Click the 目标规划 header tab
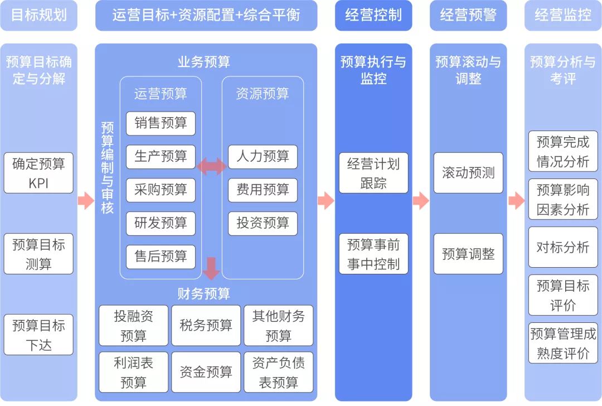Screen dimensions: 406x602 (x=38, y=15)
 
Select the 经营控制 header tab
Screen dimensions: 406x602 (x=373, y=15)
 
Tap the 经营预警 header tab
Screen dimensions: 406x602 (x=468, y=15)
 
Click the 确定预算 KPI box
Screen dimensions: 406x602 (x=38, y=173)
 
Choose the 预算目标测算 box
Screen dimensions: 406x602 (x=38, y=254)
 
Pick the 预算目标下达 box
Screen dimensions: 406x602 (x=38, y=335)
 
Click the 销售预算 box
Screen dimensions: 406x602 (x=161, y=123)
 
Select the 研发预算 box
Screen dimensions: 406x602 (x=161, y=224)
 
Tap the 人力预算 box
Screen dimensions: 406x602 (x=263, y=157)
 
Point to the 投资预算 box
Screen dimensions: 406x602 (x=263, y=224)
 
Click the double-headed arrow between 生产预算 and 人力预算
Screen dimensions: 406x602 (x=211, y=165)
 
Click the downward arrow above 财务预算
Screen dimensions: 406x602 (x=211, y=268)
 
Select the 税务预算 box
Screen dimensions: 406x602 (x=206, y=325)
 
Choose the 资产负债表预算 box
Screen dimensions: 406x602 (x=278, y=372)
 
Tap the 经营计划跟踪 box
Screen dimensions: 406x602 (x=373, y=173)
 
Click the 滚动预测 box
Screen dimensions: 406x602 (x=468, y=173)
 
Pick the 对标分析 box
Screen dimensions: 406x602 (x=562, y=247)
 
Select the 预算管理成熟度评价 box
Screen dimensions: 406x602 (x=562, y=343)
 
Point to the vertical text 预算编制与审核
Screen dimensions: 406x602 (x=107, y=167)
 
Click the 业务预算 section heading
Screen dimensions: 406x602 (x=203, y=62)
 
